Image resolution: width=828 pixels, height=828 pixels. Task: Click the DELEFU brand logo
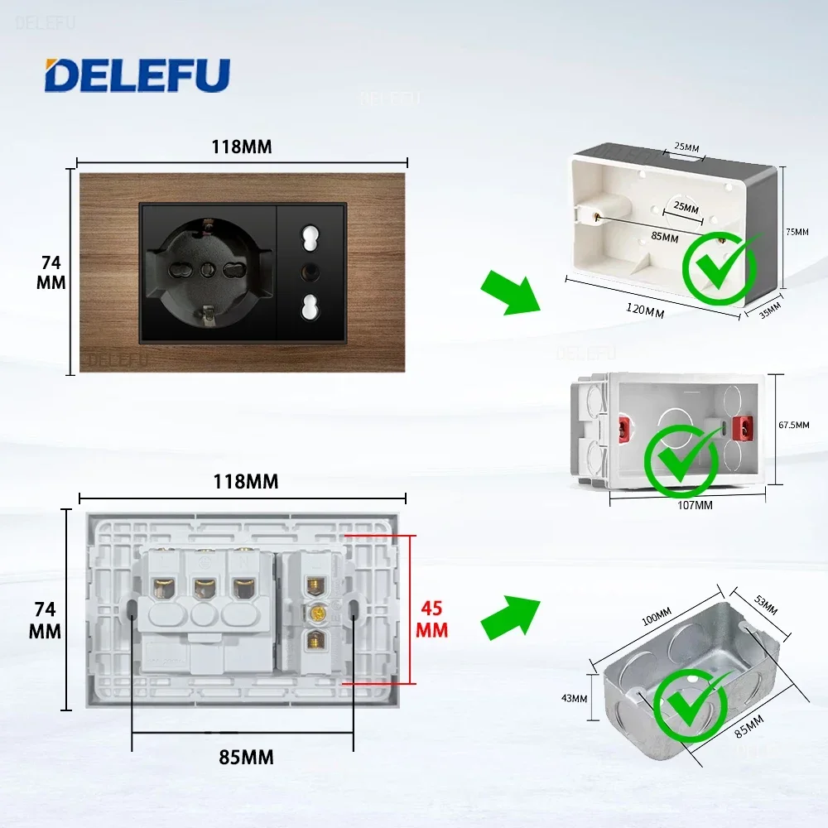click(137, 75)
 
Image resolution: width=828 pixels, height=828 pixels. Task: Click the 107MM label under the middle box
click(693, 505)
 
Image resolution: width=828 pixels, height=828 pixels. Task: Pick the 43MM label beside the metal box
click(573, 698)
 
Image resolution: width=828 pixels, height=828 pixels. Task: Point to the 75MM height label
click(797, 232)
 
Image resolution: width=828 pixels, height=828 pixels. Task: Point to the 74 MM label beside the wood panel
click(51, 272)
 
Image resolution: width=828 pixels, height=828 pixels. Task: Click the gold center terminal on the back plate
click(315, 614)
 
